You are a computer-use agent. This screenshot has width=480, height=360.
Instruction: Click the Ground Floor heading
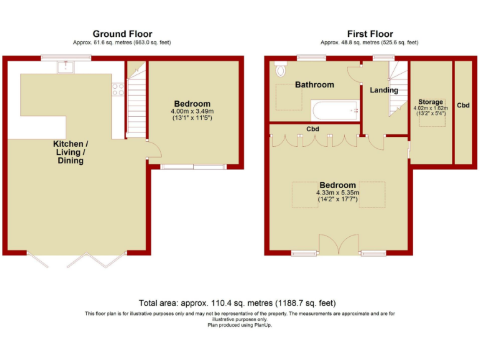122,34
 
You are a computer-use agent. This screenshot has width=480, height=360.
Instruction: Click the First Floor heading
370,34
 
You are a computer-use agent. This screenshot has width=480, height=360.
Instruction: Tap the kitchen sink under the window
66,66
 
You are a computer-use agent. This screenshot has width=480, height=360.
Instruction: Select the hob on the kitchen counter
117,89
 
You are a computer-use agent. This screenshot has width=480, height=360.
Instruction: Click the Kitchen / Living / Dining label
69,152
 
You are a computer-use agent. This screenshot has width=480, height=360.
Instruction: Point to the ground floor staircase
135,100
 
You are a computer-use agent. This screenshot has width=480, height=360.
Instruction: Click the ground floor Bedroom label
192,104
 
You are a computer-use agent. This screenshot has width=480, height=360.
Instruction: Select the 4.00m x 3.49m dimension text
192,112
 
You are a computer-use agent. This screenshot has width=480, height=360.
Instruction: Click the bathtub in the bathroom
334,111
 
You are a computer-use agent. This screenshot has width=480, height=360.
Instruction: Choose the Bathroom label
314,84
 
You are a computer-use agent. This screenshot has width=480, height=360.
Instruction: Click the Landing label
384,90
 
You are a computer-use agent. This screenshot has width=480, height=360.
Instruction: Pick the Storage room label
431,102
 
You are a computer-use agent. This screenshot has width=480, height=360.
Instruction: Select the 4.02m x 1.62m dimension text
431,108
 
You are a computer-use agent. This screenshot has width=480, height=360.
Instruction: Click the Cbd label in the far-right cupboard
463,106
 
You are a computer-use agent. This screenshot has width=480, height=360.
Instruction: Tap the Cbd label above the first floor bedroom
313,129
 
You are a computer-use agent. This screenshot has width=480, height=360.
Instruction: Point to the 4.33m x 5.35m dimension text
337,193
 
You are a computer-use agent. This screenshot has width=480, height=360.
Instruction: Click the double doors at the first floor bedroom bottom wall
337,244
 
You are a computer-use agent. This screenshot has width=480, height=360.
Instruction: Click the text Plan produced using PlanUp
240,325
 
